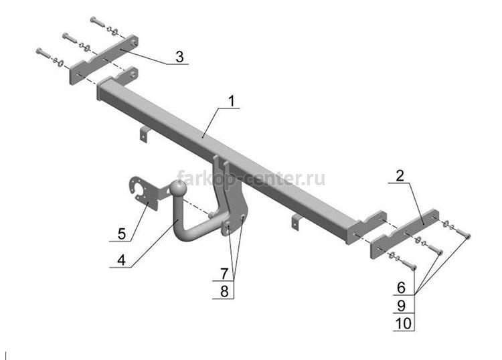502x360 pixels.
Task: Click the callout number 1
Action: pyautogui.click(x=231, y=101)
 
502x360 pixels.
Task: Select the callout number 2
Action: pyautogui.click(x=400, y=176)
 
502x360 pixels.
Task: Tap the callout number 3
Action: pyautogui.click(x=179, y=57)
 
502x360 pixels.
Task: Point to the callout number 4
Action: pyautogui.click(x=121, y=260)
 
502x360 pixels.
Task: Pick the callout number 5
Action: pyautogui.click(x=122, y=234)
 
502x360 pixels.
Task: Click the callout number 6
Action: pyautogui.click(x=401, y=288)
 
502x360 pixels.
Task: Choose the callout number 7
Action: pyautogui.click(x=224, y=274)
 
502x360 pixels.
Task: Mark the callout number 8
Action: pyautogui.click(x=224, y=291)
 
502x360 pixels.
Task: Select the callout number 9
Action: pyautogui.click(x=401, y=306)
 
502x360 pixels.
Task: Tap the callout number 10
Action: pyautogui.click(x=404, y=323)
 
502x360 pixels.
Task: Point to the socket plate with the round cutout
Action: pyautogui.click(x=143, y=193)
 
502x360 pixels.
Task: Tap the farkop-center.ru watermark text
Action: pyautogui.click(x=251, y=178)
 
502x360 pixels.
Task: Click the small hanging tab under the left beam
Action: pyautogui.click(x=144, y=134)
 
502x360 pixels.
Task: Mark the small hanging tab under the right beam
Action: pyautogui.click(x=296, y=221)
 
